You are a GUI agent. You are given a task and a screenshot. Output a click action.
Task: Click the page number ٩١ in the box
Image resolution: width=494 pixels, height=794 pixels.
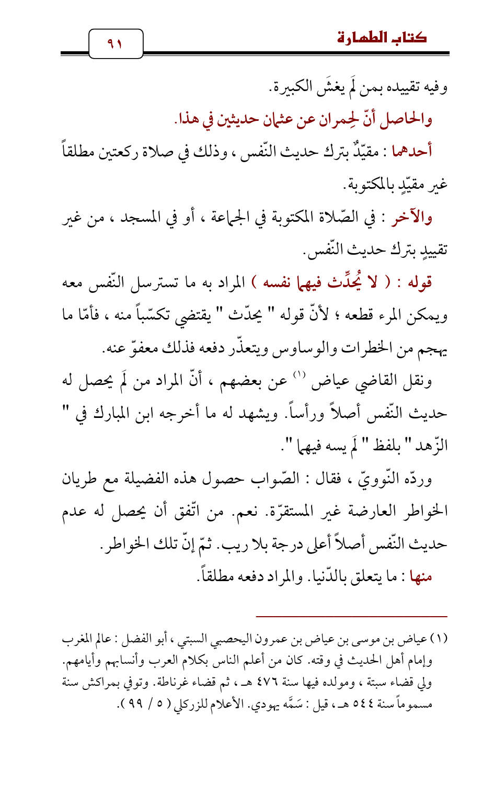point(116,43)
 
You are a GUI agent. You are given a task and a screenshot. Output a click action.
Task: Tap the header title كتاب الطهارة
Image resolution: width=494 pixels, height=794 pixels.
point(382,38)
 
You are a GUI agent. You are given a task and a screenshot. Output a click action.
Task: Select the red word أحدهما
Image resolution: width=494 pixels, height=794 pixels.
point(412,152)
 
